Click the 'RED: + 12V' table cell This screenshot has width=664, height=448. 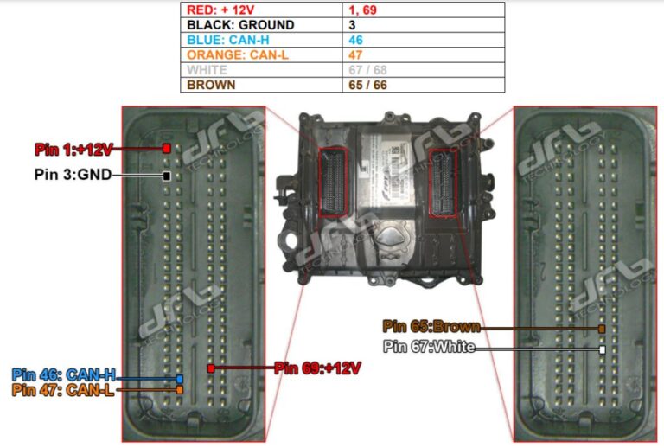pos(259,10)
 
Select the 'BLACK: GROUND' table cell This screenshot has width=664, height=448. pos(259,25)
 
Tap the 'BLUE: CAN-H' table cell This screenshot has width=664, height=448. pos(259,40)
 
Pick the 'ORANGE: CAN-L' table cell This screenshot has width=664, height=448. pos(259,54)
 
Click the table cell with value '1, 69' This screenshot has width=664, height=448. pos(423,10)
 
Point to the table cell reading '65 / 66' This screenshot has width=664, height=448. pos(423,85)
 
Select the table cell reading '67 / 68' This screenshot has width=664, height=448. pos(423,70)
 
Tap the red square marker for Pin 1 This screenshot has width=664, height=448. pos(166,149)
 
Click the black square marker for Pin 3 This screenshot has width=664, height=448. pos(166,176)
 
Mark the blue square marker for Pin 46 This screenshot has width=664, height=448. pos(179,379)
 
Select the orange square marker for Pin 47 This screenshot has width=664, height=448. pos(179,390)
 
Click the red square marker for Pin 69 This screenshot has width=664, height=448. pos(211,368)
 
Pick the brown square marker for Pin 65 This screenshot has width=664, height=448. pos(602,329)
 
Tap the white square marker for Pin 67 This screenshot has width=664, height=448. pos(602,349)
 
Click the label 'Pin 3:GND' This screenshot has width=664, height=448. pos(73,175)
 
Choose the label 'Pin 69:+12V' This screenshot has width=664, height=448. pos(316,368)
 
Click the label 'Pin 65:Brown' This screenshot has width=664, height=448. pos(431,327)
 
